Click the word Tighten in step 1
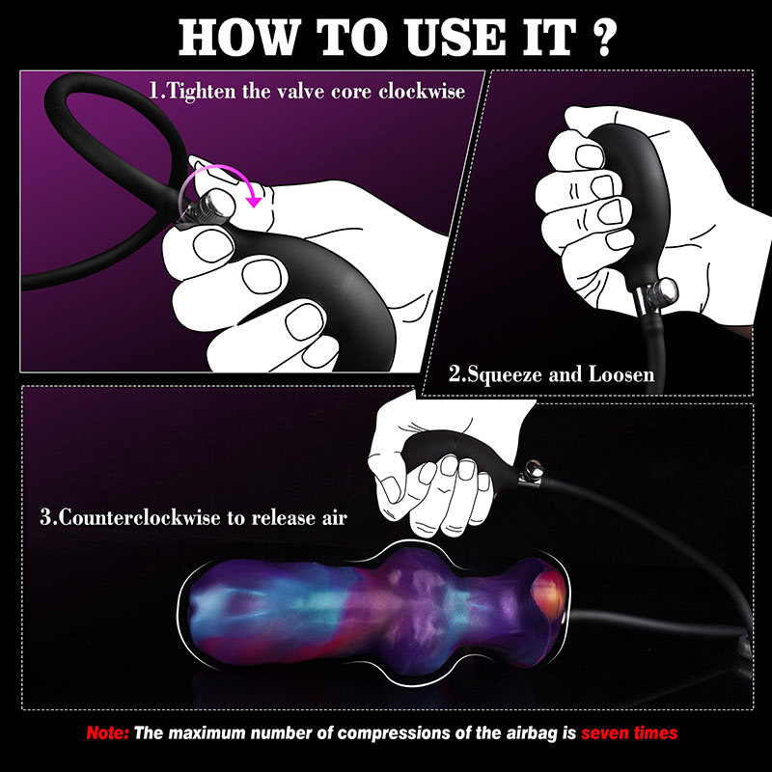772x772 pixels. tap(202, 91)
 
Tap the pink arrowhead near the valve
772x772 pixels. tap(254, 201)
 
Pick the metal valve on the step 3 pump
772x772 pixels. tap(531, 474)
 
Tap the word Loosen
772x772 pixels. tap(621, 374)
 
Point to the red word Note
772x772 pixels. tap(107, 733)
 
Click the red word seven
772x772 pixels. tap(605, 733)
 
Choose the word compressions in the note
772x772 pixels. tap(394, 733)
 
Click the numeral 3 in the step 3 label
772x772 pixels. tap(45, 518)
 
